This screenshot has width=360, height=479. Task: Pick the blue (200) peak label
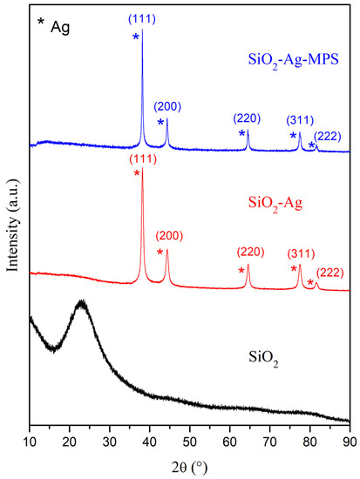168,106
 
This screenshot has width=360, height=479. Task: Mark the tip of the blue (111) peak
142,32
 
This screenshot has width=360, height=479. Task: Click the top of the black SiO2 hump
81,302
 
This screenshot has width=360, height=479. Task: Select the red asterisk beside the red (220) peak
241,270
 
